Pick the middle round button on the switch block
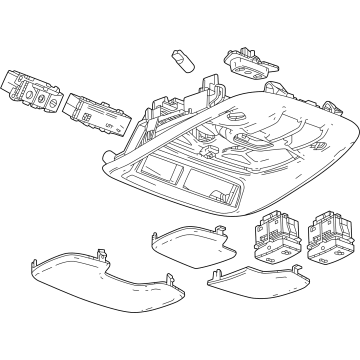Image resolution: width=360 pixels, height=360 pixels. [34, 99]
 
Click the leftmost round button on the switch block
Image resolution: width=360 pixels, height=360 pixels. [22, 95]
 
